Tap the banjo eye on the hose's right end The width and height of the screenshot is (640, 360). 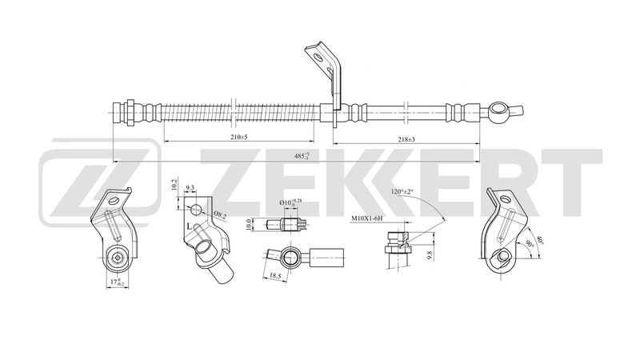[500, 108]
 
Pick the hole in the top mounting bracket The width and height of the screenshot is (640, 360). [318, 58]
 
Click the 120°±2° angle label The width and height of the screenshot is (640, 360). [405, 193]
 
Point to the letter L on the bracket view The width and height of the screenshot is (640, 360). [189, 228]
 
